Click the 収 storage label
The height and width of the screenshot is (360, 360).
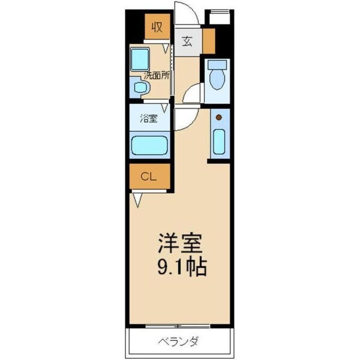pyautogui.click(x=157, y=27)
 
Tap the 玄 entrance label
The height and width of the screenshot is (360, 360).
pyautogui.click(x=187, y=42)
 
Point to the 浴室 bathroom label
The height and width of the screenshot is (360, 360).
pyautogui.click(x=149, y=119)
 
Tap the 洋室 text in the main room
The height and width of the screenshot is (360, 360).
pyautogui.click(x=180, y=242)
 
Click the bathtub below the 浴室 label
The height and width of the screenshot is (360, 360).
pyautogui.click(x=149, y=145)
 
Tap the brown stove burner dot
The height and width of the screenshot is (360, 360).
pyautogui.click(x=219, y=116)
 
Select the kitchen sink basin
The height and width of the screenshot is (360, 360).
pyautogui.click(x=219, y=142)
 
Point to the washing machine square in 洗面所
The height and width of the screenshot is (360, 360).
pyautogui.click(x=141, y=59)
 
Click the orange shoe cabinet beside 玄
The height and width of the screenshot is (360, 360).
pyautogui.click(x=208, y=40)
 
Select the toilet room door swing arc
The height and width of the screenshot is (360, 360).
pyautogui.click(x=193, y=94)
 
